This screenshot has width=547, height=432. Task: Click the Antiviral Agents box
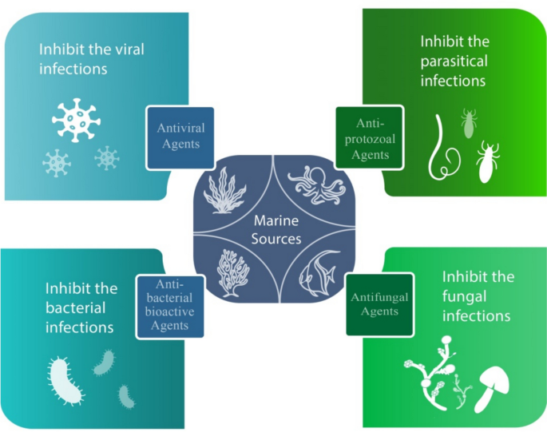point(180,137)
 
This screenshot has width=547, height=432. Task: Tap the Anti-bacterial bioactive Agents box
point(169,306)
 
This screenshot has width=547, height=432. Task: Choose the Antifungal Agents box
point(379,304)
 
